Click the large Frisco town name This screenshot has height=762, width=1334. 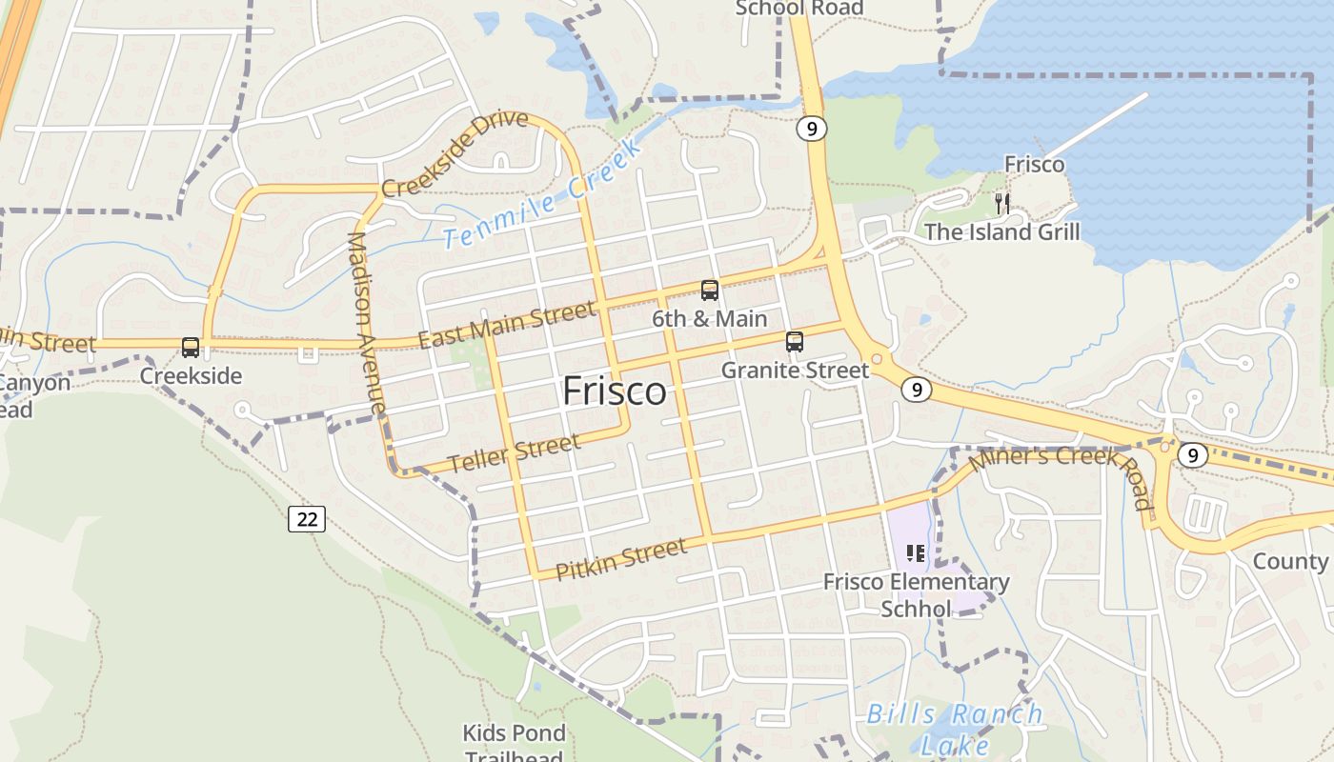[x=614, y=391]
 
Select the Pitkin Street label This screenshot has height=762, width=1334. [x=620, y=559]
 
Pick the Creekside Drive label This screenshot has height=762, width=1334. [x=455, y=153]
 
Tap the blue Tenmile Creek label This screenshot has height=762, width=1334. [x=542, y=197]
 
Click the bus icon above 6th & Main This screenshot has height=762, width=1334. [x=709, y=291]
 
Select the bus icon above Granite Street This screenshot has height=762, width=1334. [x=795, y=341]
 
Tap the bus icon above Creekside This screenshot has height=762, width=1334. [x=191, y=348]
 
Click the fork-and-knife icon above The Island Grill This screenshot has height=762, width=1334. [x=1001, y=203]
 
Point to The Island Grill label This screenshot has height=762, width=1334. [x=1002, y=232]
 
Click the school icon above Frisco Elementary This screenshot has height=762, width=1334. [x=916, y=553]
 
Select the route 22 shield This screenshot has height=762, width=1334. [x=307, y=519]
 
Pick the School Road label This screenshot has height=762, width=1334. [x=799, y=9]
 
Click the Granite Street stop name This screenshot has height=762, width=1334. [x=795, y=370]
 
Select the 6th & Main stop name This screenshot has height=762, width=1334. [x=709, y=318]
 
